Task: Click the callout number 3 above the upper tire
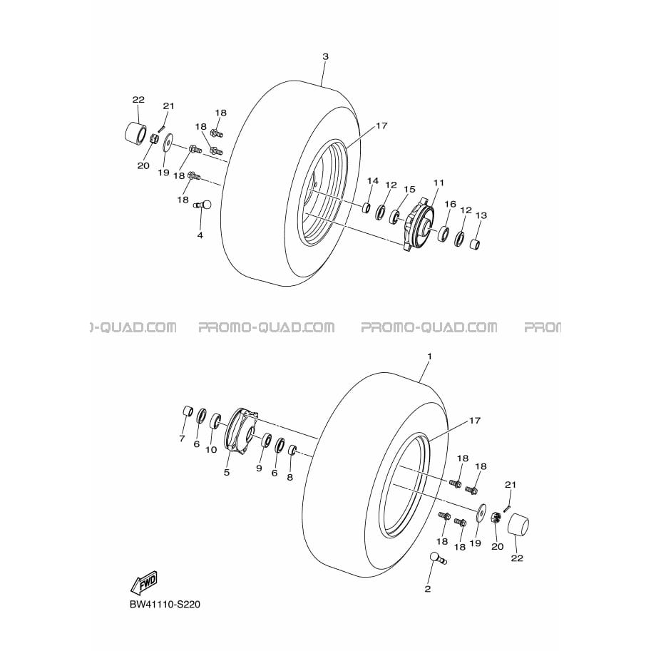[325, 56]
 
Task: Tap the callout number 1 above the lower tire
[430, 357]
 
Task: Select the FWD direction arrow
[144, 582]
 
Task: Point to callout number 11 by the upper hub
[439, 183]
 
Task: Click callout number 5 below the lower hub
[227, 473]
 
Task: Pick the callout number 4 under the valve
[200, 235]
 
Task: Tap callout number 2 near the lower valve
[428, 589]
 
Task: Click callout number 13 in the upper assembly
[481, 215]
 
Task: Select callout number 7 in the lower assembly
[182, 439]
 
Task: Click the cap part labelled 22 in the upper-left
[135, 133]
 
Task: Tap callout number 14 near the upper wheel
[373, 180]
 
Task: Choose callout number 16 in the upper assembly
[451, 204]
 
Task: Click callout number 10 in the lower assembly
[211, 450]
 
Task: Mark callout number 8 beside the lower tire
[289, 478]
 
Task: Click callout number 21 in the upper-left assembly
[168, 106]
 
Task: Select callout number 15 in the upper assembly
[409, 190]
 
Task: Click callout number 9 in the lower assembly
[259, 468]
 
